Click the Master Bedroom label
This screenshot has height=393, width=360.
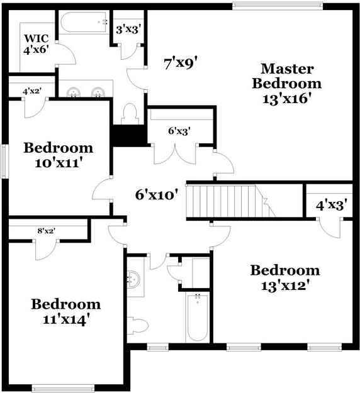[287, 84]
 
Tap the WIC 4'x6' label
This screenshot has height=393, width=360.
[36, 44]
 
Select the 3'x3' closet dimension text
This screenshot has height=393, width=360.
[127, 30]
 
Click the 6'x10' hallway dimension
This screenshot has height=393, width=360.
[157, 195]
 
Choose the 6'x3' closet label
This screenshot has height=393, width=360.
[179, 131]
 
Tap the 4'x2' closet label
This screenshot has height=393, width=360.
[32, 91]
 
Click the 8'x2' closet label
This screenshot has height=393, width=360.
[47, 231]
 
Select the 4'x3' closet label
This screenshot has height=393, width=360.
[331, 205]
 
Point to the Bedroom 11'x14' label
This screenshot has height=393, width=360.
[66, 312]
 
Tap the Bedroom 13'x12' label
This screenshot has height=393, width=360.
[285, 278]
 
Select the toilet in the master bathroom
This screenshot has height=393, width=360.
[130, 114]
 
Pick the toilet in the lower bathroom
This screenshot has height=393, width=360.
[137, 325]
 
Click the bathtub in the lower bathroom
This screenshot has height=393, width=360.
[198, 318]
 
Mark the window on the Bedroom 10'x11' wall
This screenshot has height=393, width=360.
[4, 162]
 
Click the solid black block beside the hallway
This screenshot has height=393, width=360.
[130, 135]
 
